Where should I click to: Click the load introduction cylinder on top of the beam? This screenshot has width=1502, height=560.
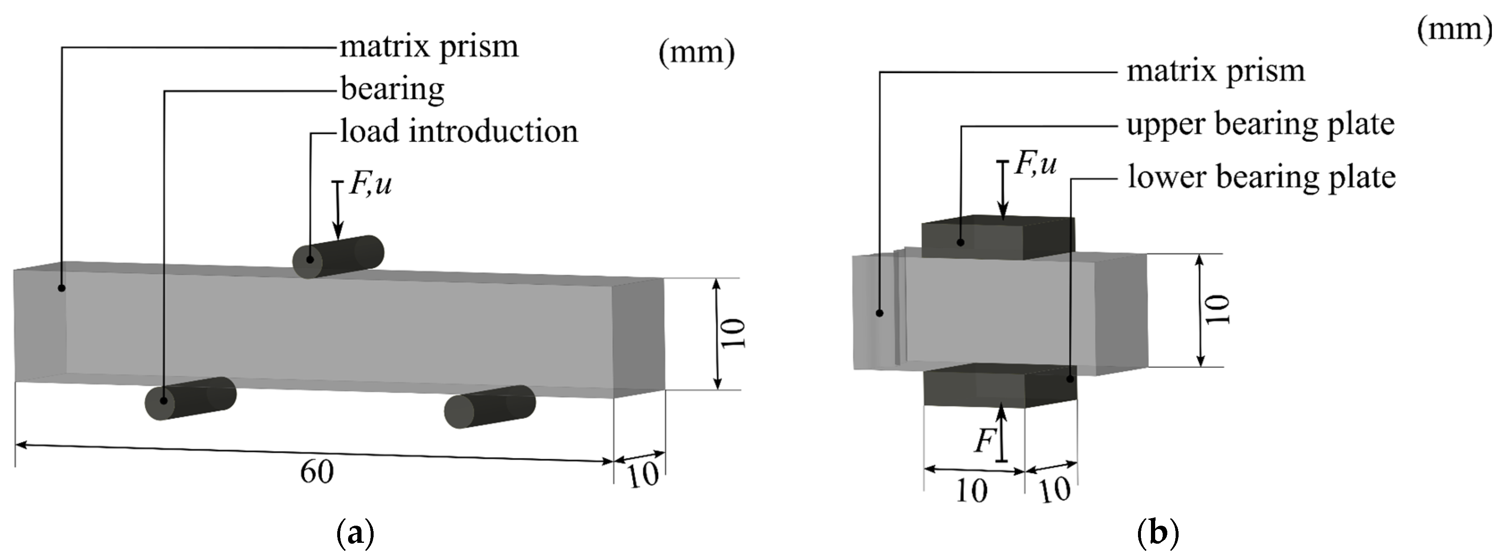338,256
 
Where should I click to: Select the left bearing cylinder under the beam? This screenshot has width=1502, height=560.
191,398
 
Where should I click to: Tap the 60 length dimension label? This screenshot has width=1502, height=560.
317,472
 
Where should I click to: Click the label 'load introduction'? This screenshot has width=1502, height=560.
459,132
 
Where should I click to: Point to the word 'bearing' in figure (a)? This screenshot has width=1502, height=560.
392,89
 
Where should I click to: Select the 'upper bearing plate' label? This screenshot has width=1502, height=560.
1260,125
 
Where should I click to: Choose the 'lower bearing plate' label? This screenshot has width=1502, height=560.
1261,177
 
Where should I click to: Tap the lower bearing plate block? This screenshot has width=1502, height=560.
1000,385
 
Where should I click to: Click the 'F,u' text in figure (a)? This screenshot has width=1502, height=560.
370,185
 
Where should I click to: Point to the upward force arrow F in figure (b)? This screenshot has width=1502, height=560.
1001,434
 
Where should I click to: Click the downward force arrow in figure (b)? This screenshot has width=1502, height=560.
1003,189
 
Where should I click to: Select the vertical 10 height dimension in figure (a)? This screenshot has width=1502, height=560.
733,333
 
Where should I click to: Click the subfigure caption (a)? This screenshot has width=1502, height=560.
355,533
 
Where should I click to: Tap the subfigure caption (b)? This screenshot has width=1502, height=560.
1158,533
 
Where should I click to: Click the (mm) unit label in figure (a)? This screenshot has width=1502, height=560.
696,52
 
